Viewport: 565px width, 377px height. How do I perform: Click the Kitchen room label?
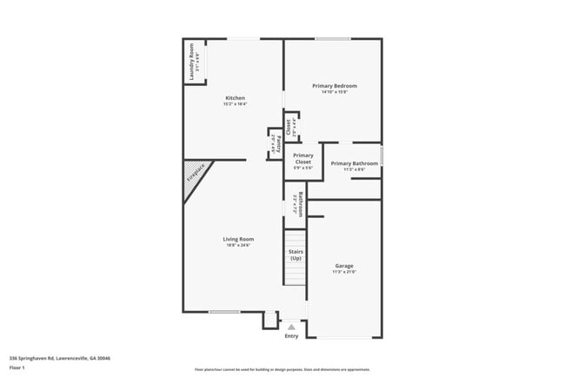pos(235,97)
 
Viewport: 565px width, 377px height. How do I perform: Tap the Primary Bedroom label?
pos(335,86)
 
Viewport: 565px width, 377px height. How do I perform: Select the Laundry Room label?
pos(191,63)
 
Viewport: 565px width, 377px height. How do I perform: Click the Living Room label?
pos(237,239)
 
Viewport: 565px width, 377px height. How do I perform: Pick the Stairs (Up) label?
pos(296,255)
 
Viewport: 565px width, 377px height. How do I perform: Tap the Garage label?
pos(344,266)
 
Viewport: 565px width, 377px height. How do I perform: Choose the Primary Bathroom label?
pos(354,163)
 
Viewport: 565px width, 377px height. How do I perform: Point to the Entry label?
pos(291,336)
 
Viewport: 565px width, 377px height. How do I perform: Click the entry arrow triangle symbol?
pos(291,327)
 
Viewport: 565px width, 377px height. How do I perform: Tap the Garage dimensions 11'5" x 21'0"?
pos(344,273)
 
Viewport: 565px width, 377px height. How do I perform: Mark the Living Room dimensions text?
pos(237,246)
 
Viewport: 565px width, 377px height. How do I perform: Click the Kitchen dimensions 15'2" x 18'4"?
pos(235,104)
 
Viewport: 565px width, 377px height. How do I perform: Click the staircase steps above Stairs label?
pos(296,238)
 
